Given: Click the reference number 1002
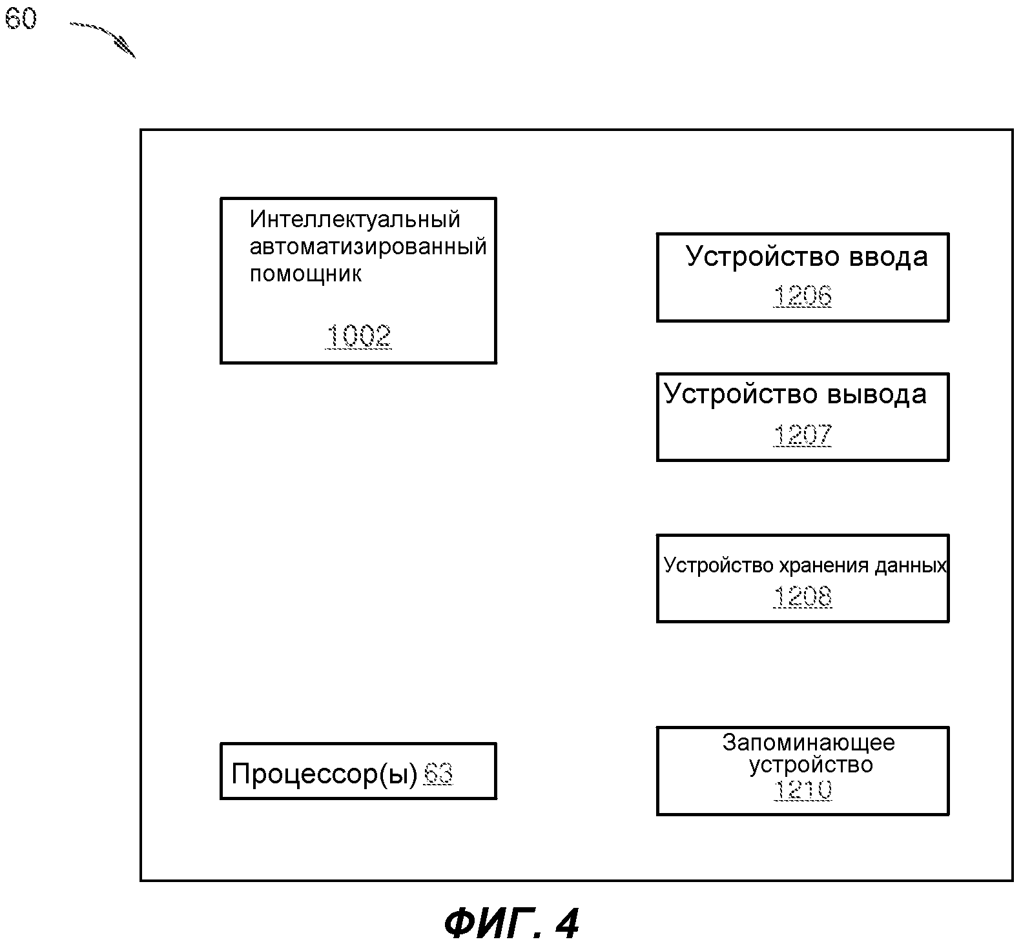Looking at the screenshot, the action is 358,336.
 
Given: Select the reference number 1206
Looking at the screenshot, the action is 802,296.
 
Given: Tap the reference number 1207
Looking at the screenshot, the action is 802,435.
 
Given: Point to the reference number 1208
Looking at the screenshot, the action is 802,596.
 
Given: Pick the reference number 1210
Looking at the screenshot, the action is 802,790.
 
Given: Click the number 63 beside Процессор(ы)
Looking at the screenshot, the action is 438,773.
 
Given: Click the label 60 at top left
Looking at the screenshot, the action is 21,18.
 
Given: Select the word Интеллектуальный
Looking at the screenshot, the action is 355,219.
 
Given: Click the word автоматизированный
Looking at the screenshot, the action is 368,246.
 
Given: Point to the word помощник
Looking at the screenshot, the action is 305,274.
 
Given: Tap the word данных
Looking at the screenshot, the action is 910,566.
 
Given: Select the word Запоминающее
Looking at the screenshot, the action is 809,743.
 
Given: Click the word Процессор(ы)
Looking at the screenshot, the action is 325,774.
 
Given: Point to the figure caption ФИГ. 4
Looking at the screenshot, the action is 511,923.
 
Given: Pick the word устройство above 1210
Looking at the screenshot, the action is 810,765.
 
